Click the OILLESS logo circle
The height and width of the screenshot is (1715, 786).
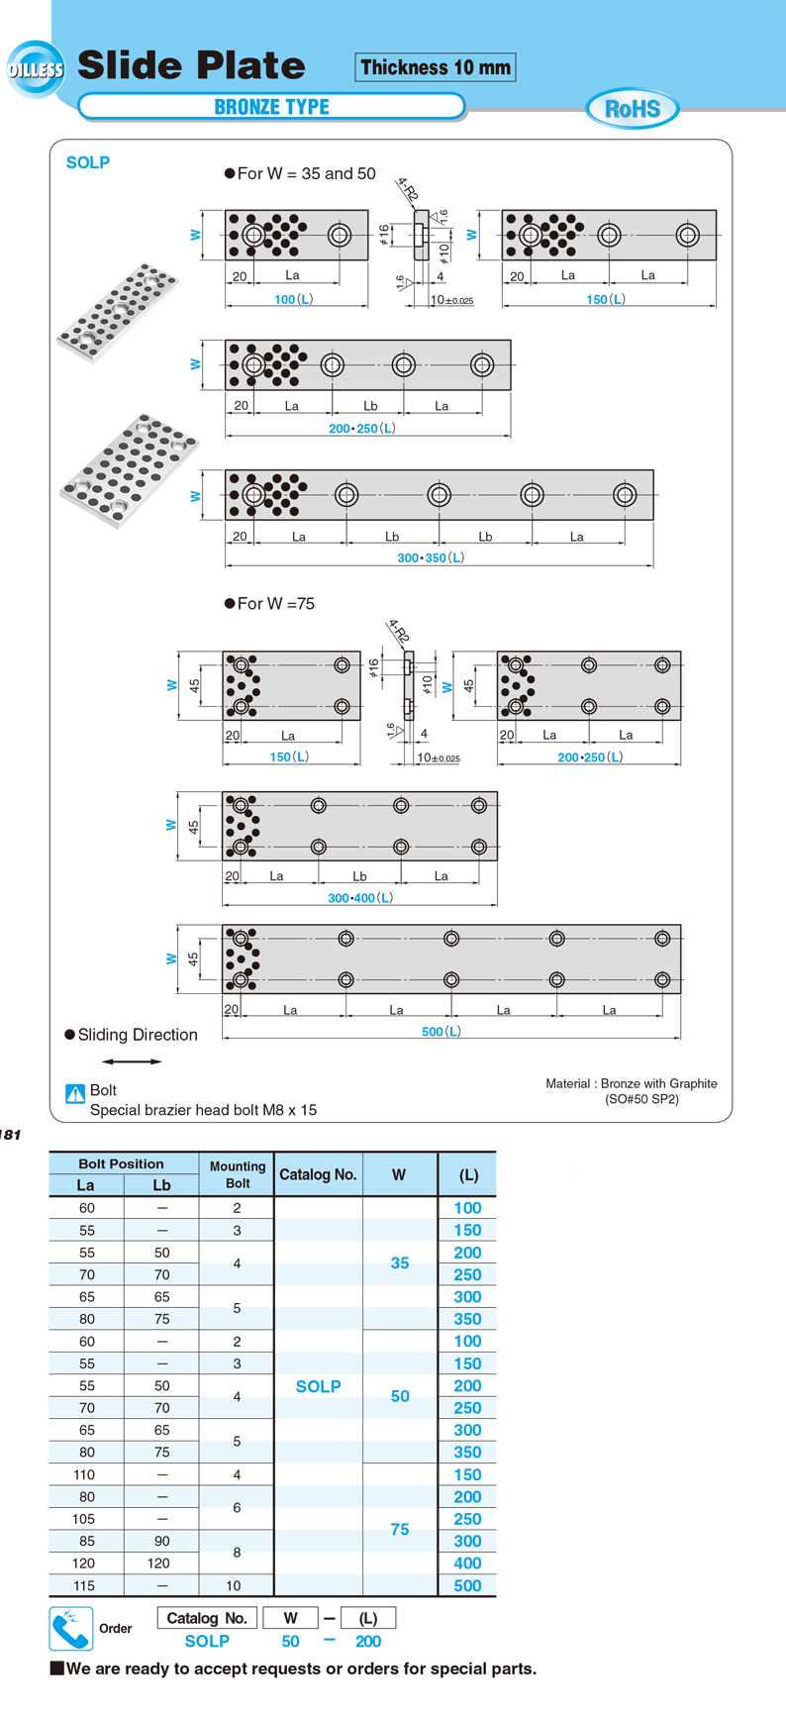pos(36,69)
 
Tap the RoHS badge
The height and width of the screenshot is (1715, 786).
pos(632,109)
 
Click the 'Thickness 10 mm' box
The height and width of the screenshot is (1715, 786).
pos(436,67)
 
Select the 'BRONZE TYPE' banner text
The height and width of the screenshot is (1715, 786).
pos(271,107)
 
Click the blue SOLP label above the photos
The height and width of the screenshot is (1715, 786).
pos(88,162)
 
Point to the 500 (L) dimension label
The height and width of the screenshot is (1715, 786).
pos(442,1031)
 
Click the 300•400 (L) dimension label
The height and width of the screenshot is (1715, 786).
pos(360,898)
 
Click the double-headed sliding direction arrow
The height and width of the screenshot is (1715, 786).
pos(132,1061)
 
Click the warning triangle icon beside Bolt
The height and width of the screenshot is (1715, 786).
pos(75,1093)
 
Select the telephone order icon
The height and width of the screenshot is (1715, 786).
pos(70,1629)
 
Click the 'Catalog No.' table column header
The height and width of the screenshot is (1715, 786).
pos(318,1174)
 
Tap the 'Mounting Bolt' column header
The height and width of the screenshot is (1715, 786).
pos(238,1174)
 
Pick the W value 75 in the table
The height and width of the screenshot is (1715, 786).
pos(400,1530)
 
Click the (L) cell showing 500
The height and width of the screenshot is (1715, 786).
pos(467,1585)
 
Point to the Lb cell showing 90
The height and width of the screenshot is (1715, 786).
pos(161,1541)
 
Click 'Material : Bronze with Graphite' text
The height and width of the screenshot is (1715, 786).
pos(632,1083)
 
